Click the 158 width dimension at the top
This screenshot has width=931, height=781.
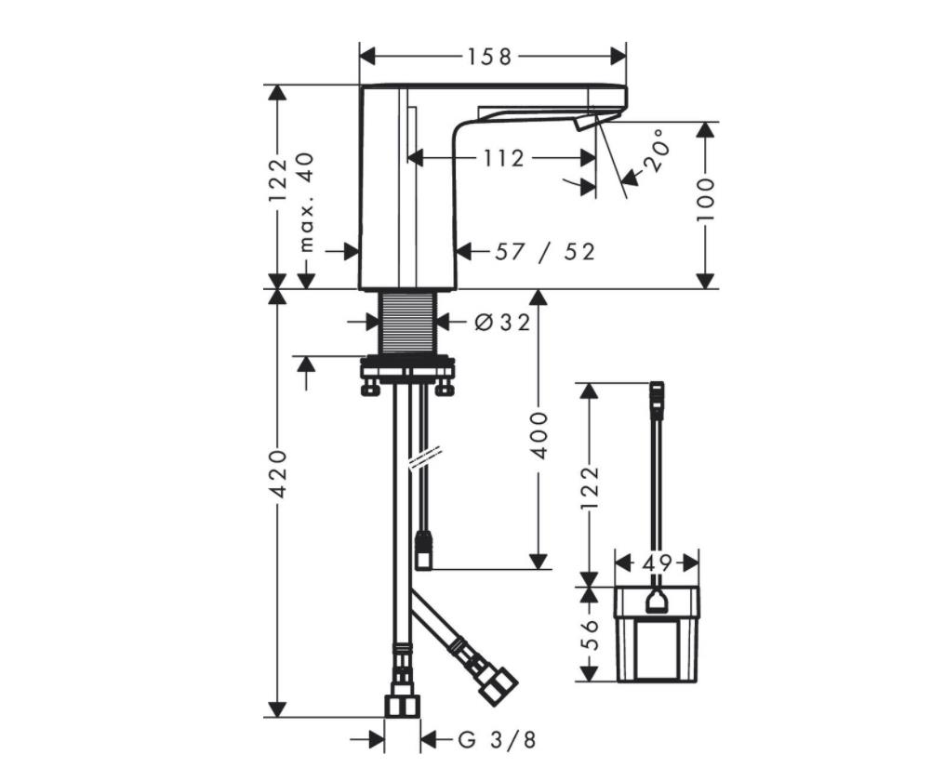(x=490, y=57)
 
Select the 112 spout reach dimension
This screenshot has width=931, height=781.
(x=503, y=159)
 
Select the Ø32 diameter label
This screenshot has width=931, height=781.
(x=502, y=323)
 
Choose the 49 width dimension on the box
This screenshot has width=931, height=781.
(x=658, y=563)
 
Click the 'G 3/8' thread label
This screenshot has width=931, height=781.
(x=498, y=740)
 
